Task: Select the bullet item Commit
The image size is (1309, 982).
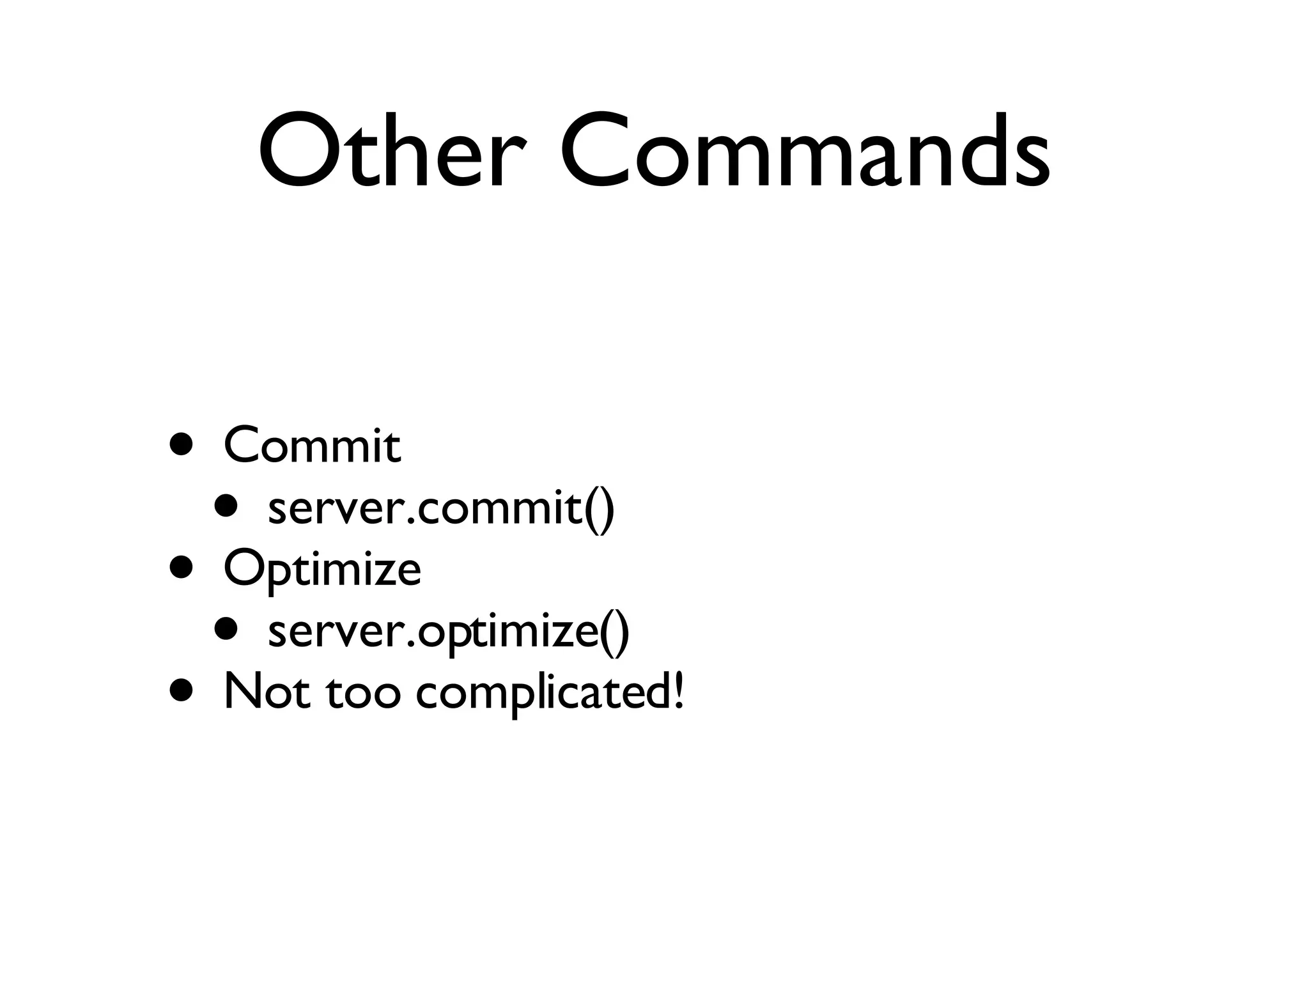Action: [x=312, y=446]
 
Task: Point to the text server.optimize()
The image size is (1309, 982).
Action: [x=449, y=632]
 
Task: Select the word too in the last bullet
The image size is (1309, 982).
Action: [x=362, y=693]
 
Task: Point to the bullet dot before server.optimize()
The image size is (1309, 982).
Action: [x=226, y=629]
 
